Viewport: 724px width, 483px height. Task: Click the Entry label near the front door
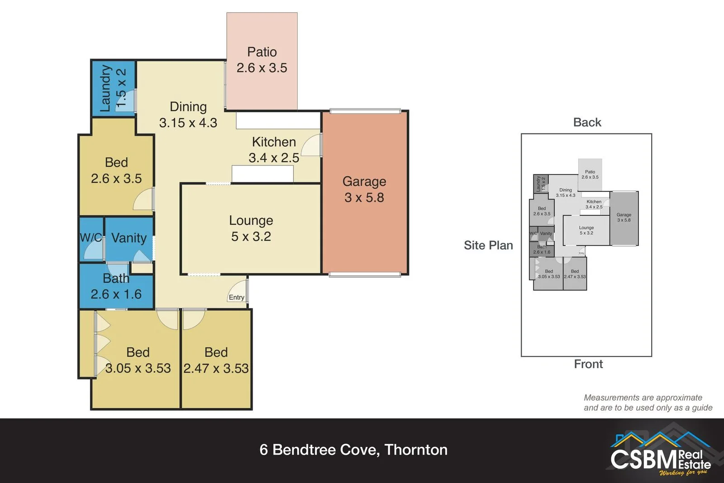point(236,297)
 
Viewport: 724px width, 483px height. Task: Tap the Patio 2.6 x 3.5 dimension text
point(262,68)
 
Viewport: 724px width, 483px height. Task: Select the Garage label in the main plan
point(364,181)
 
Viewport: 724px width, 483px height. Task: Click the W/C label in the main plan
point(90,237)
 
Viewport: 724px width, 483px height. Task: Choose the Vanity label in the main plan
point(129,238)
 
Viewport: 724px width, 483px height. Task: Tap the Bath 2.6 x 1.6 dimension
point(116,295)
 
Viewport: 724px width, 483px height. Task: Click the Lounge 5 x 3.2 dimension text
point(251,237)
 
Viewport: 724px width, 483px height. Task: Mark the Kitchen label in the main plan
point(274,142)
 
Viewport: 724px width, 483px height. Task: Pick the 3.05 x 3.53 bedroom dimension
point(138,368)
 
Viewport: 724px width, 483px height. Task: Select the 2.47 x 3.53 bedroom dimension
point(216,368)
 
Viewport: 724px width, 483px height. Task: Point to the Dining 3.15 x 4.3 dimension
point(188,123)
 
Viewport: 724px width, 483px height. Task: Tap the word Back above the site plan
point(587,122)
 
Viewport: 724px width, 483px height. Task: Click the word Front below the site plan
point(588,364)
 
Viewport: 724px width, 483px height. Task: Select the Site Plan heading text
point(488,245)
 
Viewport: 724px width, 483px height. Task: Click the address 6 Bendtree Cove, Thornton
point(353,449)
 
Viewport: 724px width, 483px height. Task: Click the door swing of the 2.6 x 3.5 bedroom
point(144,200)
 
